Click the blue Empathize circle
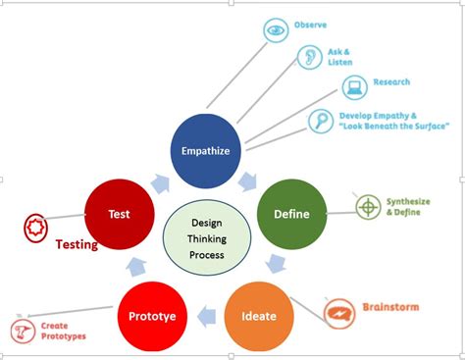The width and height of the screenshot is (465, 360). point(205,150)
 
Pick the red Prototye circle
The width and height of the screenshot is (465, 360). point(152,316)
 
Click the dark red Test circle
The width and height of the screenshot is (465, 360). point(120,213)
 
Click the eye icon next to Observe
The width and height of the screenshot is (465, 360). point(278,30)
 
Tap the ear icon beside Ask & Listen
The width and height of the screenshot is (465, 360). point(309,57)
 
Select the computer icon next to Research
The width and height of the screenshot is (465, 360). point(355,85)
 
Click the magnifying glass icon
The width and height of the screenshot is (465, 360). point(322,121)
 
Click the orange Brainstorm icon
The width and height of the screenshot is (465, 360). point(339,311)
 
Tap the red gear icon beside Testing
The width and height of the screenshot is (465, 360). point(35,229)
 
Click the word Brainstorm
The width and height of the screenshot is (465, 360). point(391,307)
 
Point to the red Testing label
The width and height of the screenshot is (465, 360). point(76,245)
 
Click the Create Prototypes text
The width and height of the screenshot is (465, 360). point(64,331)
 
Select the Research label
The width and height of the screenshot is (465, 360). point(391,82)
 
